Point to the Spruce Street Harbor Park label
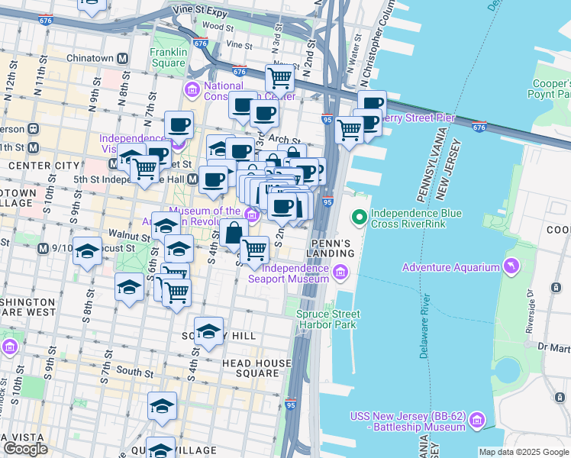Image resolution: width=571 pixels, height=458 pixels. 324,319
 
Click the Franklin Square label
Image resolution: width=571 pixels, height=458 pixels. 168,57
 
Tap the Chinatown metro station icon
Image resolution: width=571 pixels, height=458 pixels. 122,58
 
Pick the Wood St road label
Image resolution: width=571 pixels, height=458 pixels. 218,26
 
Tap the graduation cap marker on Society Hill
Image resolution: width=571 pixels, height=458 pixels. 208,331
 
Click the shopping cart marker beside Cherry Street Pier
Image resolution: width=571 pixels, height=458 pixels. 349,129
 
